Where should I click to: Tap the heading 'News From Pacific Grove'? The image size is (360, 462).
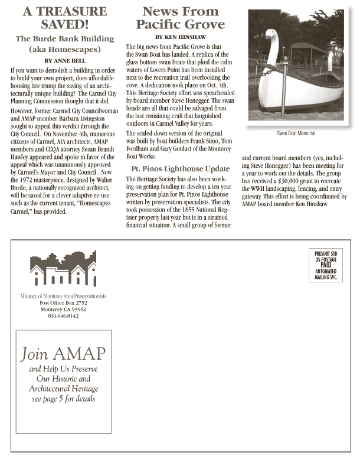180,18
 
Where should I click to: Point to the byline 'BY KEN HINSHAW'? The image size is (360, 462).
180,36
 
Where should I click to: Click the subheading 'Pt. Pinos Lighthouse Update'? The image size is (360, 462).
180,169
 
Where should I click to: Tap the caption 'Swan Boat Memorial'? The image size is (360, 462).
296,134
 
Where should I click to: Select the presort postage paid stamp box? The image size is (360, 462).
326,266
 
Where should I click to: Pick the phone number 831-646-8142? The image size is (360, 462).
63,316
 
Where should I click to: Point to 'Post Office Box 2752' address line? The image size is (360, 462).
63,302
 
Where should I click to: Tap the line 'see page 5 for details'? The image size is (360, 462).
63,399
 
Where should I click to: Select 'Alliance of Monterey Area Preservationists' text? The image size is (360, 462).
63,295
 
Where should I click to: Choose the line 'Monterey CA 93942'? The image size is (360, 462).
63,309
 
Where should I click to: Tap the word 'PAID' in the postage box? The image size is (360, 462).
326,265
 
